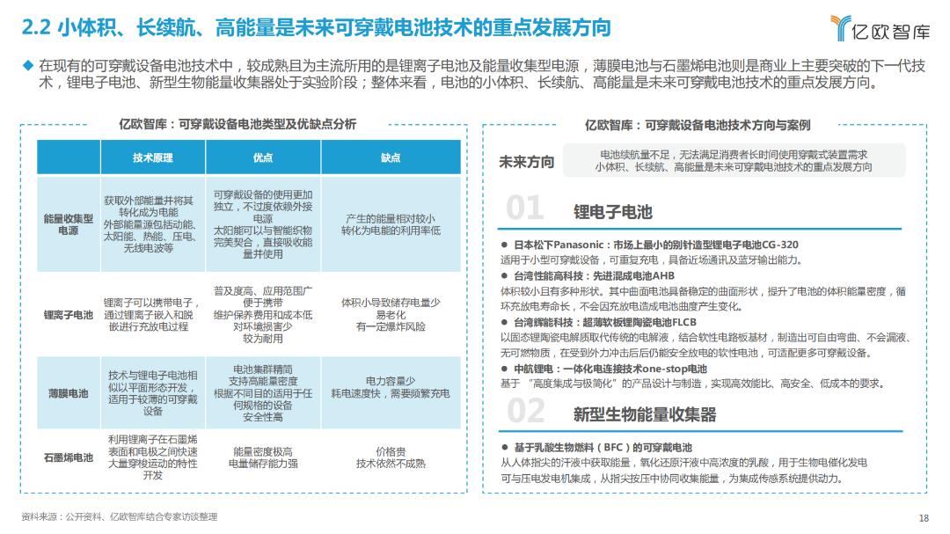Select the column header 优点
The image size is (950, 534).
point(262,157)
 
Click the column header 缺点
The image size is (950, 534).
point(390,157)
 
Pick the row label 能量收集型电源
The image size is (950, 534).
point(68,224)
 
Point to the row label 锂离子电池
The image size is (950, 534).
point(68,314)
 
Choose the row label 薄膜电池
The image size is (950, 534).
point(68,393)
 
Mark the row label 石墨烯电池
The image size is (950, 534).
point(68,457)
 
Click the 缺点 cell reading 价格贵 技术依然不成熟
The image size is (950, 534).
point(390,457)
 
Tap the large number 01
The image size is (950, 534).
point(526,208)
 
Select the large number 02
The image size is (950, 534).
point(526,411)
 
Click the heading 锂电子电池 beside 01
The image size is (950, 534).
point(612,212)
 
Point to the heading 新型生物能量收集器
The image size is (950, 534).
point(644,413)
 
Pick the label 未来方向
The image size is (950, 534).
point(526,161)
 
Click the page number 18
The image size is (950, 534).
point(923,517)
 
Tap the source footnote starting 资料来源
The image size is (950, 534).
point(119,517)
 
